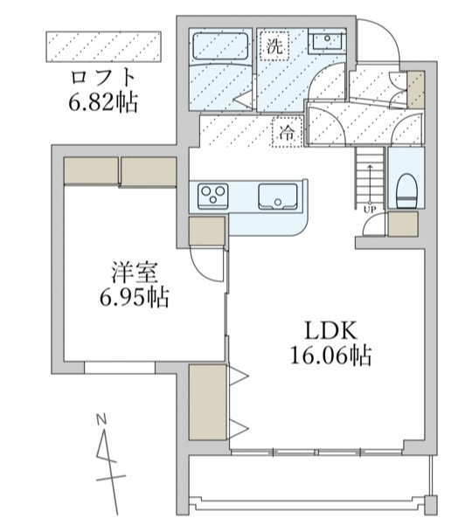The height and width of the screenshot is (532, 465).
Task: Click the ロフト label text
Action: pos(104,76)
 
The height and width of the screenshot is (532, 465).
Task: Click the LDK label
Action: pos(330,330)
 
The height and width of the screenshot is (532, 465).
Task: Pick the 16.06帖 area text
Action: pos(330,356)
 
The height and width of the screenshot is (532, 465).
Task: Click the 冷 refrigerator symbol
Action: pos(287,133)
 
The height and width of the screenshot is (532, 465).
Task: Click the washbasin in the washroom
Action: pos(326,40)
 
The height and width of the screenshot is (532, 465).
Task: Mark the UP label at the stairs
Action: pos(369,210)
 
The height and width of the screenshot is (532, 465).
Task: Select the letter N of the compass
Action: pos(101,418)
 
